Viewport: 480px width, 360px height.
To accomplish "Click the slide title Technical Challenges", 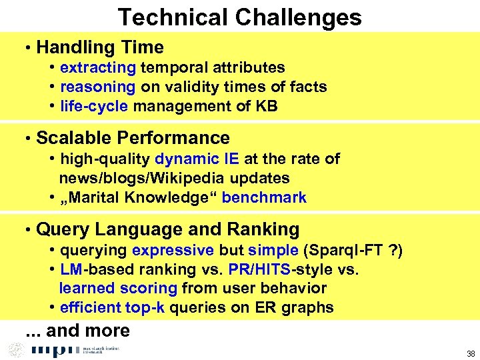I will click(x=239, y=17).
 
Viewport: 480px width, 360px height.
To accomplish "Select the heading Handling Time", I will click(x=100, y=47).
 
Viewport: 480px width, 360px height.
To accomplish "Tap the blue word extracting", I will click(x=98, y=67).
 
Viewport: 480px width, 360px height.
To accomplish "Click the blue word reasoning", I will click(x=97, y=87).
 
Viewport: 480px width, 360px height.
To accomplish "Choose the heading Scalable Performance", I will click(x=133, y=138).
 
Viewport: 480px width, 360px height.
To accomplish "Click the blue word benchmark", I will click(x=264, y=197).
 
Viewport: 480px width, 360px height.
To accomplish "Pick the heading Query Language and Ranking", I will click(x=167, y=229).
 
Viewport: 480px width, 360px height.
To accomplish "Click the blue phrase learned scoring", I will click(x=118, y=288).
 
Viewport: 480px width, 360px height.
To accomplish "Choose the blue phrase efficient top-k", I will click(x=113, y=307).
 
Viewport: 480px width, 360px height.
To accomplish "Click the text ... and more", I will click(x=77, y=331).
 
